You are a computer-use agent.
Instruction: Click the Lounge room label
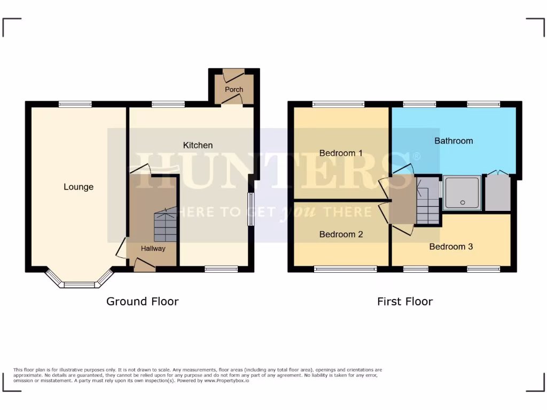click(x=79, y=187)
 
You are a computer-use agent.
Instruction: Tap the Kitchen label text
click(x=198, y=145)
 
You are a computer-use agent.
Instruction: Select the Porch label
click(x=234, y=89)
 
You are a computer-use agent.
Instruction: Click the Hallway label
click(x=153, y=248)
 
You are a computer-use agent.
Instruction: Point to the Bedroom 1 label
click(x=341, y=153)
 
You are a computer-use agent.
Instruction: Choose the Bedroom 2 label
click(x=341, y=234)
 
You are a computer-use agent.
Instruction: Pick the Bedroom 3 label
click(x=451, y=247)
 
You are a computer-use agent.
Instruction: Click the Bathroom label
click(x=454, y=141)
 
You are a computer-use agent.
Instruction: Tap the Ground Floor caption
click(x=142, y=301)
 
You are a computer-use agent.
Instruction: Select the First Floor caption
click(x=405, y=301)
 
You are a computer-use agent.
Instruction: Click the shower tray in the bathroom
click(x=462, y=193)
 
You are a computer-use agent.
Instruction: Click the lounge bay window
click(x=79, y=283)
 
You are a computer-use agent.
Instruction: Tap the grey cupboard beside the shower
click(x=498, y=193)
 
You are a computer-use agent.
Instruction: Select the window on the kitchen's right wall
click(x=250, y=209)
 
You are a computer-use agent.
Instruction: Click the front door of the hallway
click(x=144, y=265)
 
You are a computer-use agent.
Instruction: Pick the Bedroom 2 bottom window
click(x=346, y=269)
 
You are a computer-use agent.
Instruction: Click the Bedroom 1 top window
click(x=338, y=105)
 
